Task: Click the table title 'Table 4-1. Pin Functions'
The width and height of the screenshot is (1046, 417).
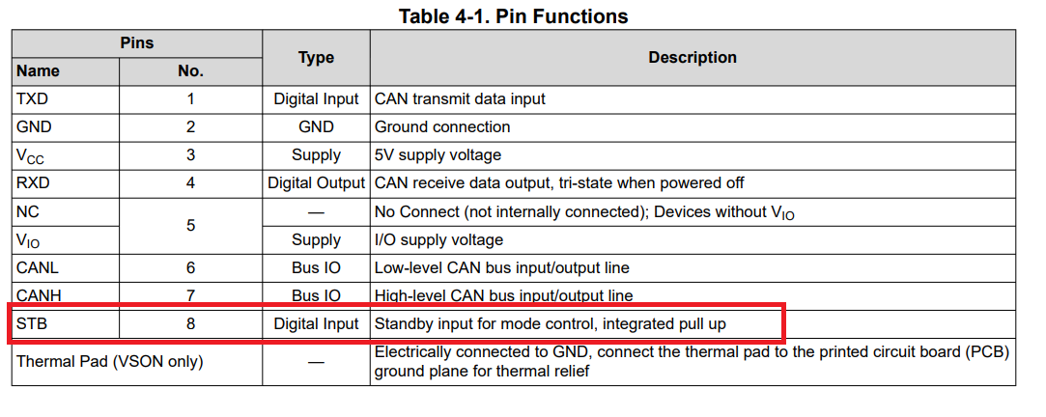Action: pyautogui.click(x=513, y=16)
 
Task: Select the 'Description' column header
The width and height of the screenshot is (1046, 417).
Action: pyautogui.click(x=692, y=58)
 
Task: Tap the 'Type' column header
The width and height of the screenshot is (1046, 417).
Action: pyautogui.click(x=316, y=58)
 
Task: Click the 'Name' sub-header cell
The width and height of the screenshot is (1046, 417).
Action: pyautogui.click(x=38, y=71)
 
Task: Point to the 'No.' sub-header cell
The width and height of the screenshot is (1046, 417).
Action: pyautogui.click(x=190, y=71)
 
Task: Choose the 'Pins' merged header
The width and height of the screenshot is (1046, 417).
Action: pyautogui.click(x=136, y=43)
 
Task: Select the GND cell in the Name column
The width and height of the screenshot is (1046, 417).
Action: pyautogui.click(x=34, y=126)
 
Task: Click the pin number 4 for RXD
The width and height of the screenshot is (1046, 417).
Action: pyautogui.click(x=190, y=183)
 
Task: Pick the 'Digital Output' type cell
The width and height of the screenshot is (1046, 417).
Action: pyautogui.click(x=316, y=183)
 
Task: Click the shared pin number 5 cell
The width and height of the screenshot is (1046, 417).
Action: pyautogui.click(x=190, y=225)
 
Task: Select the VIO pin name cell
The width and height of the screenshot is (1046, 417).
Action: pyautogui.click(x=29, y=240)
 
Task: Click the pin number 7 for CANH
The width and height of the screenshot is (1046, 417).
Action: pyautogui.click(x=190, y=296)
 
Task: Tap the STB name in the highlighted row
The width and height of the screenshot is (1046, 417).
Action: pyautogui.click(x=32, y=324)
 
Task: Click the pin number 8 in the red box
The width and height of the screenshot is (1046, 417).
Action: pyautogui.click(x=190, y=324)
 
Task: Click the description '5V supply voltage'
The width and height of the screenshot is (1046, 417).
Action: pyautogui.click(x=438, y=155)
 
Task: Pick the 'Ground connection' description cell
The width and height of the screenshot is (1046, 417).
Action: pyautogui.click(x=442, y=126)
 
